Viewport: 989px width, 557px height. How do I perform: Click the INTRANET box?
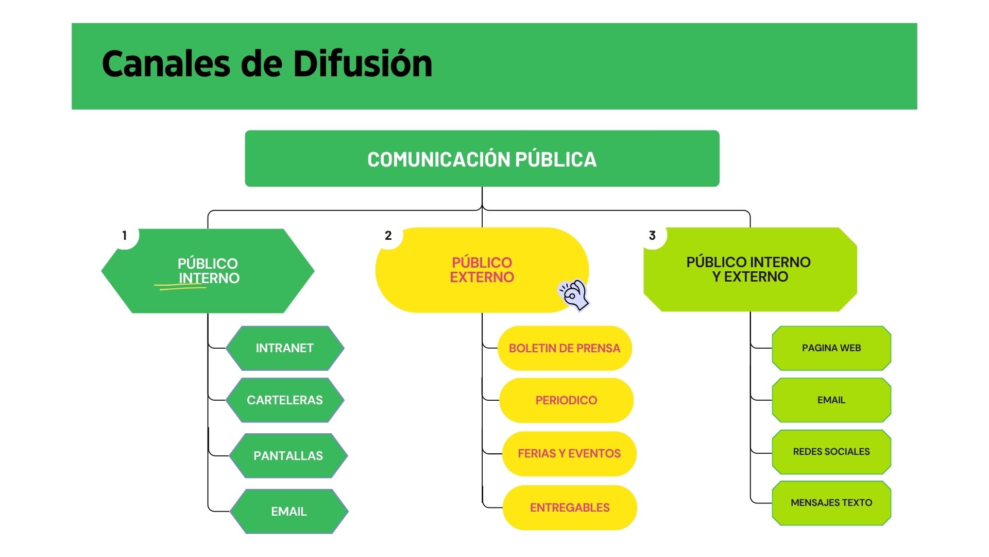[x=285, y=348]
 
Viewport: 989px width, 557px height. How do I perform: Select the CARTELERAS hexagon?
[x=285, y=400]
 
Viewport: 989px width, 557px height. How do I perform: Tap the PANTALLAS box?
[x=288, y=456]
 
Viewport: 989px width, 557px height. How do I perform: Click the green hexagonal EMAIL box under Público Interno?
[x=289, y=512]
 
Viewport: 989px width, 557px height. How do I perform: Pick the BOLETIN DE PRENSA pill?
[x=565, y=348]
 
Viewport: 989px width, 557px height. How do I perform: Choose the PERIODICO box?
[x=566, y=400]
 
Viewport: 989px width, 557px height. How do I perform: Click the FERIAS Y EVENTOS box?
[x=569, y=454]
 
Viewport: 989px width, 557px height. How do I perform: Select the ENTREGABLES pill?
[x=570, y=508]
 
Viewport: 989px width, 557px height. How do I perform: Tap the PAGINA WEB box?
[x=831, y=348]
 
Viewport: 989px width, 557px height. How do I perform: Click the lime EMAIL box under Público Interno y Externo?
[x=831, y=400]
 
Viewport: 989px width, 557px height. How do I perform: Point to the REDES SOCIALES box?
[x=831, y=452]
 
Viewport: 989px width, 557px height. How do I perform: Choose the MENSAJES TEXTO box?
[x=831, y=503]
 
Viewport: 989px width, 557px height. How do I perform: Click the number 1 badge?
[x=125, y=236]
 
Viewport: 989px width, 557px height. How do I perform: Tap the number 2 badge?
[x=388, y=236]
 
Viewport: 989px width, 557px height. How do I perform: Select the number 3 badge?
[x=652, y=236]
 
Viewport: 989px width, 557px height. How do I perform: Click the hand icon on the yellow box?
[x=574, y=295]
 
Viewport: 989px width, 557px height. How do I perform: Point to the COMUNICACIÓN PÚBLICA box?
[x=482, y=159]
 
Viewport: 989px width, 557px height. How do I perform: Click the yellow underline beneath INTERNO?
[x=180, y=286]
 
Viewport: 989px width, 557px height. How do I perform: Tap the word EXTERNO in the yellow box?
[x=482, y=277]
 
